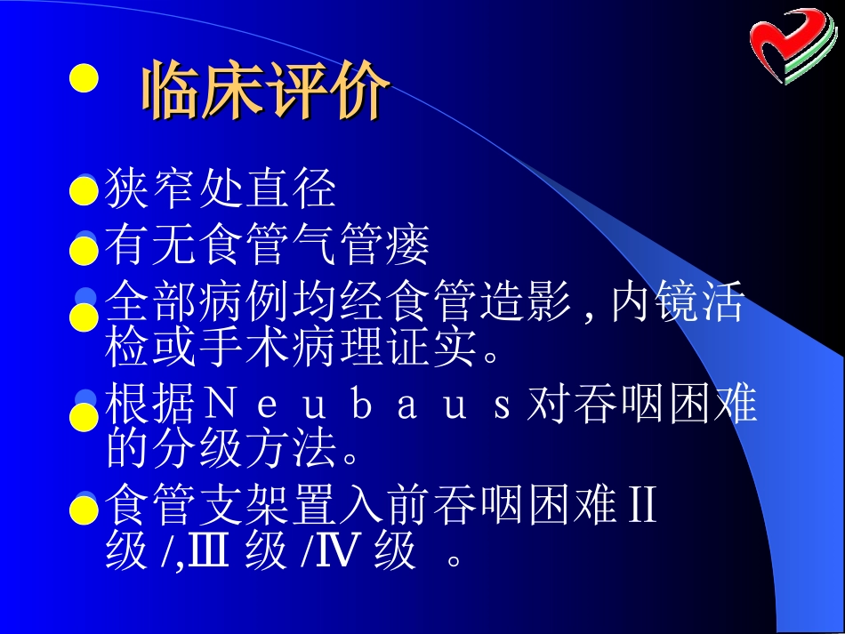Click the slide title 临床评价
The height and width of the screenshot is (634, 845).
[265, 90]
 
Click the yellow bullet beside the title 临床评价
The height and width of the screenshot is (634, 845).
[83, 77]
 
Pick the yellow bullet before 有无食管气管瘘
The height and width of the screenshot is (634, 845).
[83, 250]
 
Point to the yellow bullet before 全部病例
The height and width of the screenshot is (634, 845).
[83, 316]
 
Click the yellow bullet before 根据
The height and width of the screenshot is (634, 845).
[83, 415]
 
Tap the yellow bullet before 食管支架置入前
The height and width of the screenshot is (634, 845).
[83, 510]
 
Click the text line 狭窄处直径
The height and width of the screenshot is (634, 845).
[221, 188]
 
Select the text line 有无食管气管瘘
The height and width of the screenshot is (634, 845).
[267, 246]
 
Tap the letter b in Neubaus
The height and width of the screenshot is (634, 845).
[361, 406]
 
